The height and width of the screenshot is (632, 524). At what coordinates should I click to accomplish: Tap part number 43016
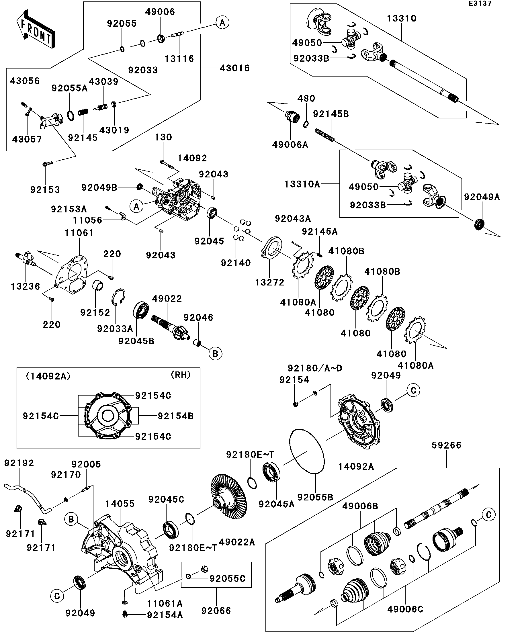coord(235,68)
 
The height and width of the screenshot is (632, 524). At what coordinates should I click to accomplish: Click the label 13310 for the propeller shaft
coord(402,18)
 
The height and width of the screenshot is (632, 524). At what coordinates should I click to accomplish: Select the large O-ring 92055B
coord(307,451)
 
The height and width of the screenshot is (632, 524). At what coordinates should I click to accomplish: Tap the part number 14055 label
coord(120,504)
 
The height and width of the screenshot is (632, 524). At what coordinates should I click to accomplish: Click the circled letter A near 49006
coord(222,23)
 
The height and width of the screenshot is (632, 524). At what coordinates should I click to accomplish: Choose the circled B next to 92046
coord(216,353)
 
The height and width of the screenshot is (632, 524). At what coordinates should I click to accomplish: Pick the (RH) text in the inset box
coord(181,375)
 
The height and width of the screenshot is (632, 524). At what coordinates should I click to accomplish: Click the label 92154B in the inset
coord(176,416)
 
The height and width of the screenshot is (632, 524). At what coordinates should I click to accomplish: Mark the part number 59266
coord(446,445)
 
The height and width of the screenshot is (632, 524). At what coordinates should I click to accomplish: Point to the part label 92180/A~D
coord(315,368)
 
